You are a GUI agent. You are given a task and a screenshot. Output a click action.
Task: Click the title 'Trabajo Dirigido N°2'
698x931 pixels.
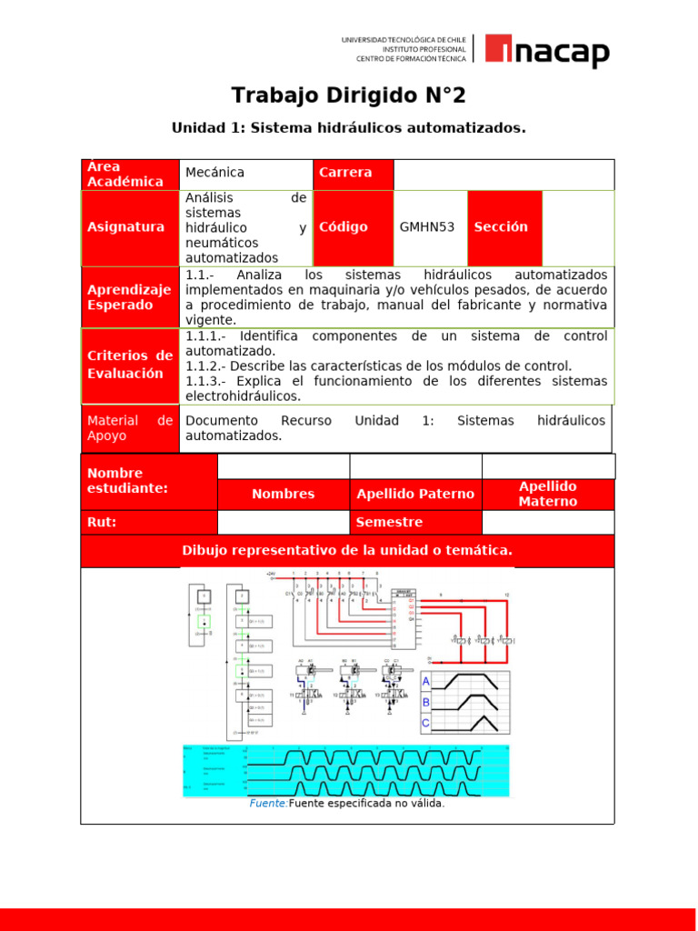348,95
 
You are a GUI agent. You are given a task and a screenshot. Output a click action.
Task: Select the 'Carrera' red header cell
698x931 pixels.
353,173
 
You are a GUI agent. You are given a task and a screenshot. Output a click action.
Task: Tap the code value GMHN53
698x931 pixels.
427,227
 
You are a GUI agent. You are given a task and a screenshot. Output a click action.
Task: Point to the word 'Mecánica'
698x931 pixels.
214,173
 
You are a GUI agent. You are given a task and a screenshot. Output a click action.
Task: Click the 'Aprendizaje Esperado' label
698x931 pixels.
129,297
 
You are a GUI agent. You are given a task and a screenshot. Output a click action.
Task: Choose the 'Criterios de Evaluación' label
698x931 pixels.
129,365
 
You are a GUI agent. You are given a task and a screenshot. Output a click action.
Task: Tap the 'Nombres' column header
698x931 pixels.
283,494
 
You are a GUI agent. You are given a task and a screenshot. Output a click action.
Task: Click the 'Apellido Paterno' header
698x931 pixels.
415,494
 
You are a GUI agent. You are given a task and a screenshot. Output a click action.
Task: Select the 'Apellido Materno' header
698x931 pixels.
547,494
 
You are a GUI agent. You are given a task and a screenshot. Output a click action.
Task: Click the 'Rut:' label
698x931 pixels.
102,522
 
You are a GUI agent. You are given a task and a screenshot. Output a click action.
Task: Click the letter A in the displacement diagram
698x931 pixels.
425,681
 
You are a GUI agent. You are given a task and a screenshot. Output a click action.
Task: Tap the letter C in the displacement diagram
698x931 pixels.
425,723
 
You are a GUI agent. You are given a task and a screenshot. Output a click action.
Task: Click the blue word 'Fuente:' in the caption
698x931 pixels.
268,804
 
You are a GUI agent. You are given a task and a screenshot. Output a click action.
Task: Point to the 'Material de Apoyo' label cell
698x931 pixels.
129,428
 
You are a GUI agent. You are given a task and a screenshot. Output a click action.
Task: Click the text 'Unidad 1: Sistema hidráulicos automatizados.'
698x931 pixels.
348,128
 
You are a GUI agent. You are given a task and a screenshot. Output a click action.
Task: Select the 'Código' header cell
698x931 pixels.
344,227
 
